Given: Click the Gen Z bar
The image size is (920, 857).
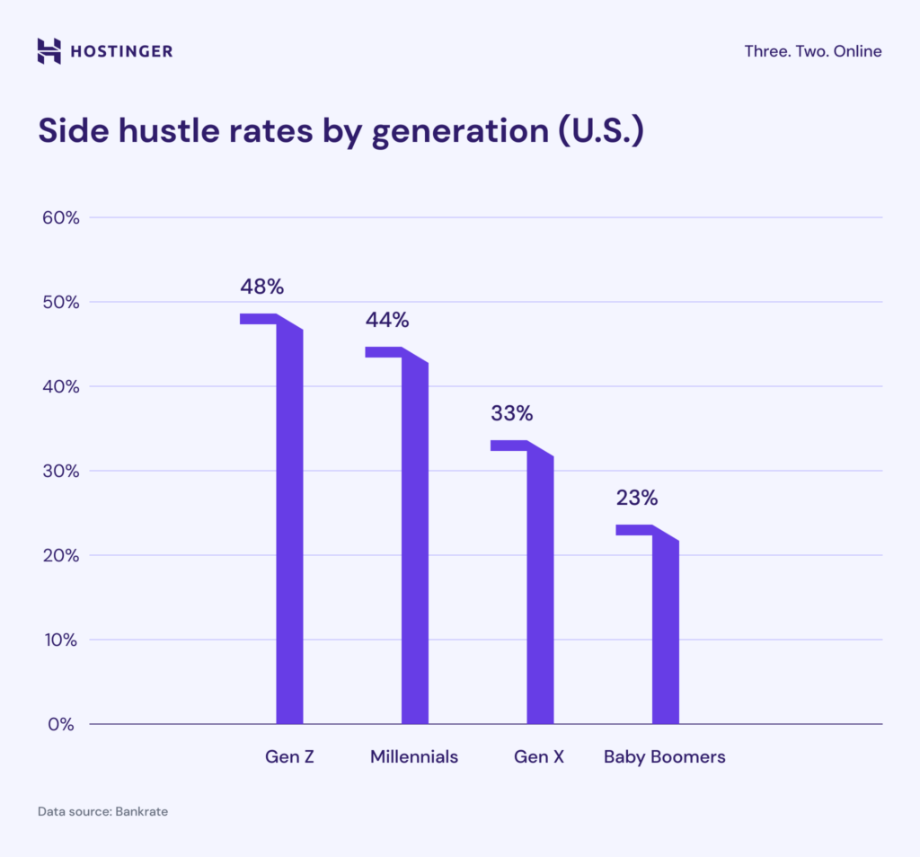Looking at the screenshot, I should point(289,530).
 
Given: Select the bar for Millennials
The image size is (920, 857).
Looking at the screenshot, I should point(414,548).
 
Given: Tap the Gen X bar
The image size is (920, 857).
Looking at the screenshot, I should point(540,593).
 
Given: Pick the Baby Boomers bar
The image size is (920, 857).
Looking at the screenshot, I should point(665,633).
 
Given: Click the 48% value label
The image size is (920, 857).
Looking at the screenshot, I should point(261,287).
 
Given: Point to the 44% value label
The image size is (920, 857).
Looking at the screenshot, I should point(386,320).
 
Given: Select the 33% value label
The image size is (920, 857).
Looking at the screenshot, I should point(512,414).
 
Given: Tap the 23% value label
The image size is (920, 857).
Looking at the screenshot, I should point(637,498).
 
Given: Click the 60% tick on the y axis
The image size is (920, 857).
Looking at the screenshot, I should point(61,217).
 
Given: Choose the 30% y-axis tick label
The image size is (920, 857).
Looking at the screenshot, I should point(61,471).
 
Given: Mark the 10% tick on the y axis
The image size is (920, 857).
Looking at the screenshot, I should point(61,640).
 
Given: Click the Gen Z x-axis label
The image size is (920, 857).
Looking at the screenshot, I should point(289,756).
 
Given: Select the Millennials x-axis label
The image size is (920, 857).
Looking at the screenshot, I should point(414,756).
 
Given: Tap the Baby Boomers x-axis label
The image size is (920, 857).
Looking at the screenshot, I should point(664,756).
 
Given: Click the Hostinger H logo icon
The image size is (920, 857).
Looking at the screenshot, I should point(49,51).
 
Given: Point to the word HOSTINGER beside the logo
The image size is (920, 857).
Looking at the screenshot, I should point(121,51).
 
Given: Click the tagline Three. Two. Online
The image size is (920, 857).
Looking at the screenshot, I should point(812,51).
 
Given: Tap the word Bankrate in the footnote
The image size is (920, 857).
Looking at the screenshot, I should point(141,811).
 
